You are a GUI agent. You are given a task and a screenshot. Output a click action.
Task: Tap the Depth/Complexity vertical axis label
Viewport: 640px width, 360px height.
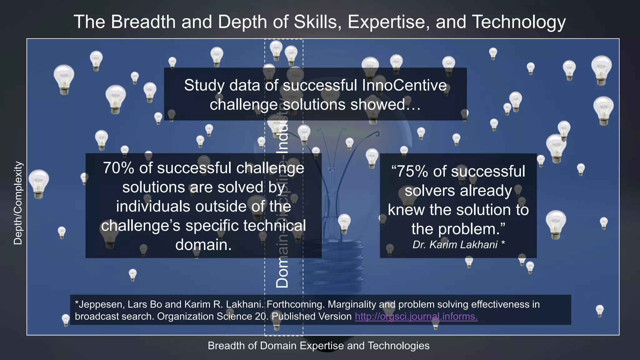tap(18, 203)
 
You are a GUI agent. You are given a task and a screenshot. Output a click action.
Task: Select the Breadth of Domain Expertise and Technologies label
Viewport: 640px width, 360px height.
tap(318, 346)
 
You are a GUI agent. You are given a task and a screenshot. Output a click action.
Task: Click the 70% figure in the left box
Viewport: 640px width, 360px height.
tap(119, 168)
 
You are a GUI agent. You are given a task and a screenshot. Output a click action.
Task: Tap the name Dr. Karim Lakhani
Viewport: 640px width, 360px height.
tap(455, 245)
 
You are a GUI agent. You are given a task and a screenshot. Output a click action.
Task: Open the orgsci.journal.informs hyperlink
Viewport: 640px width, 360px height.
tap(416, 316)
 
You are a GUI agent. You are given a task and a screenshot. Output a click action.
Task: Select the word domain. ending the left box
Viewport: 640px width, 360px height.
tap(203, 245)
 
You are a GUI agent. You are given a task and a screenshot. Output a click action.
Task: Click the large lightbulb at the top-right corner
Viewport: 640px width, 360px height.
tap(601, 70)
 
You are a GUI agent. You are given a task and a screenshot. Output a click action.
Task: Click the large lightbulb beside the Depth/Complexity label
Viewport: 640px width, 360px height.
tap(39, 183)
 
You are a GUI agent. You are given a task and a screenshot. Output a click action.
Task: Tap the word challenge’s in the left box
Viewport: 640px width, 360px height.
tap(141, 226)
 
